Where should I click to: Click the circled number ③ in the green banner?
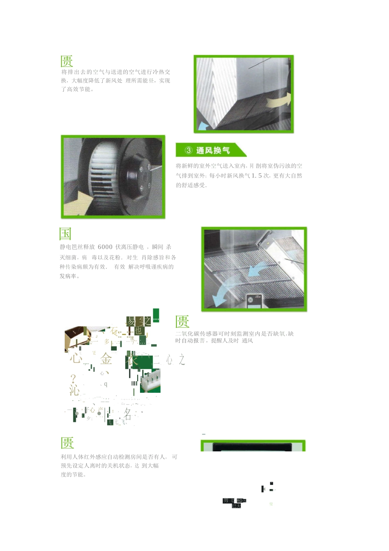click(188, 150)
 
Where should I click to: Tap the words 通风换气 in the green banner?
click(213, 150)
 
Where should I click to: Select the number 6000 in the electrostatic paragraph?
click(105, 247)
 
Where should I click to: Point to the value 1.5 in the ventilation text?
click(257, 175)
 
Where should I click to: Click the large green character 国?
click(66, 234)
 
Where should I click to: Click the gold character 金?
click(106, 359)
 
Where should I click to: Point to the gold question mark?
click(73, 378)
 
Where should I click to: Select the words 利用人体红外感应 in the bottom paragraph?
click(84, 457)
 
